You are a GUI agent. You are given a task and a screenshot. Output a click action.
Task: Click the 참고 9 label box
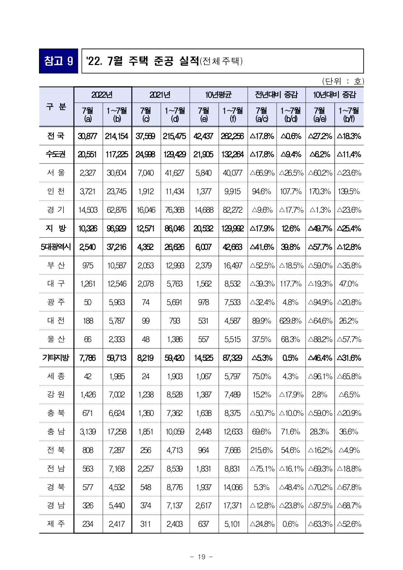[x=58, y=61]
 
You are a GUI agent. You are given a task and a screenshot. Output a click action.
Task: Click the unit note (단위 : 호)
[x=343, y=81]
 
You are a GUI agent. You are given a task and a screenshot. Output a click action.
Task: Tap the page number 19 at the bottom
[x=201, y=557]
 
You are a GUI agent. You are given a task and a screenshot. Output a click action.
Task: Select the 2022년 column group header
[x=103, y=95]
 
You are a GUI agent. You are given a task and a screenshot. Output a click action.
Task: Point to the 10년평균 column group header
[x=218, y=95]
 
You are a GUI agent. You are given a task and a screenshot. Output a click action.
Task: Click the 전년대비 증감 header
[x=276, y=95]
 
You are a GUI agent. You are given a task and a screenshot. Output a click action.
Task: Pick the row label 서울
[x=56, y=173]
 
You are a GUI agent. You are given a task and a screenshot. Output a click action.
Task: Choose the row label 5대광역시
[x=56, y=247]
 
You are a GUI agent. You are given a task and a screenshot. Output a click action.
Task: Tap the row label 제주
[x=56, y=524]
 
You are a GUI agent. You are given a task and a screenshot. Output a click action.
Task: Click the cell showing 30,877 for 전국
[x=88, y=136]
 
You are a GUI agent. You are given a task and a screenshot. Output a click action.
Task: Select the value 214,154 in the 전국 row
[x=117, y=136]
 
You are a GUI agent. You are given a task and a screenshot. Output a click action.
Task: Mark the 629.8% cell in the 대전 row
[x=291, y=321]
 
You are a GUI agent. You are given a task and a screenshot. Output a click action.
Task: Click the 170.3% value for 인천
[x=320, y=192]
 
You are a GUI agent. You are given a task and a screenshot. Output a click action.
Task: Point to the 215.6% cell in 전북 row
[x=262, y=450]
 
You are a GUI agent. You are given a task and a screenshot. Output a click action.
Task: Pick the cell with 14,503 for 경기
[x=88, y=210]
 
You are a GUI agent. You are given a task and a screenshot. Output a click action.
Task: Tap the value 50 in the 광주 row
[x=88, y=302]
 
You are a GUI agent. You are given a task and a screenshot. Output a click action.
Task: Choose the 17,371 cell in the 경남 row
[x=233, y=506]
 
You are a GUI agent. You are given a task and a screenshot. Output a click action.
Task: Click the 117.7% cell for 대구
[x=291, y=284]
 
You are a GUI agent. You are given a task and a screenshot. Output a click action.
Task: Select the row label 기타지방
[x=56, y=358]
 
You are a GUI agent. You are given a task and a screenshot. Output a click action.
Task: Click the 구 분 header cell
[x=56, y=107]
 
